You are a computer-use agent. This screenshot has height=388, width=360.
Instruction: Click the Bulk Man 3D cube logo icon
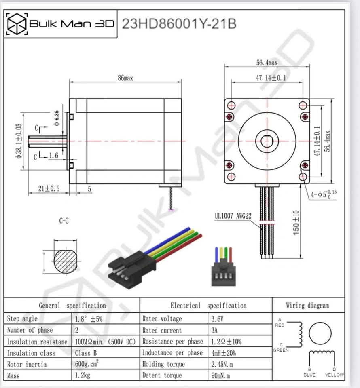coord(17,24)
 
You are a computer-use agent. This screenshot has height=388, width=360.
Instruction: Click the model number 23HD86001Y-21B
coord(179,24)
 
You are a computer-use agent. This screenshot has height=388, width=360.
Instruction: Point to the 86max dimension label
coord(125,78)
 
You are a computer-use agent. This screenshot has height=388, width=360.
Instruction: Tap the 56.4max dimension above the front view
coord(267,63)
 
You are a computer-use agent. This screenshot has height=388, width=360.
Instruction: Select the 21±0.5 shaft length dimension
coord(49,189)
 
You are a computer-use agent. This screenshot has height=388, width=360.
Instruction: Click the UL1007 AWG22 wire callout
coord(233,216)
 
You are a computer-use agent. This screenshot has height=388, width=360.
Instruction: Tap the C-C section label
coord(64,221)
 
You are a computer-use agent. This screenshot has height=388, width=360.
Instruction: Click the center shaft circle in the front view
coord(267,141)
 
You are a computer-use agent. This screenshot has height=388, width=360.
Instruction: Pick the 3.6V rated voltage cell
coord(217,319)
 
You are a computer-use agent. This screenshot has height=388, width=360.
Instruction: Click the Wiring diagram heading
coord(307,306)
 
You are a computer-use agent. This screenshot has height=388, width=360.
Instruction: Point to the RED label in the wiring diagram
coord(280,325)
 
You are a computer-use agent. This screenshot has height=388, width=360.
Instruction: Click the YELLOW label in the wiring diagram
coord(335,375)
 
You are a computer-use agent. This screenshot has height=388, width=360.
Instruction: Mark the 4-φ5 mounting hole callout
coord(324,194)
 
